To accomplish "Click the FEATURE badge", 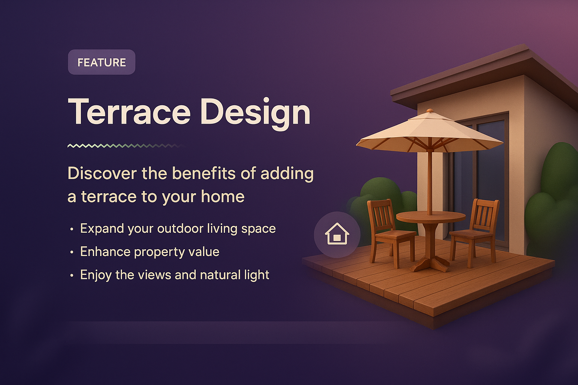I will [101, 62].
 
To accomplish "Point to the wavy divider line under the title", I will [124, 146].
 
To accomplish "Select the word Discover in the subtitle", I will [102, 174].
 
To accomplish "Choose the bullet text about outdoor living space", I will [178, 229].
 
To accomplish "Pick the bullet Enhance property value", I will [149, 252].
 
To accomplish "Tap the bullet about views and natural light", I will [175, 275].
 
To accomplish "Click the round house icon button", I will [337, 235].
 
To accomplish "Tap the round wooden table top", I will [431, 217].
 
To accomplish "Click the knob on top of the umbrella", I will [430, 111].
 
